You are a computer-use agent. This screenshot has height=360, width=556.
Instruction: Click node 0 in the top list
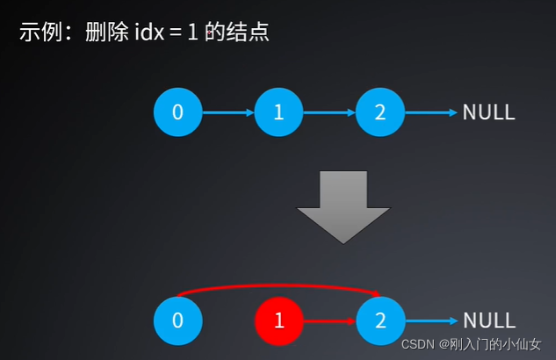[x=177, y=112]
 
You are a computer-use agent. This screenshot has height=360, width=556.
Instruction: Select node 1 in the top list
[x=279, y=112]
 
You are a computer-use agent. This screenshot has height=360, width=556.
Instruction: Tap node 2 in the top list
[x=380, y=112]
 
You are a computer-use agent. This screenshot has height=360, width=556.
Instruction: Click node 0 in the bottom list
[x=177, y=320]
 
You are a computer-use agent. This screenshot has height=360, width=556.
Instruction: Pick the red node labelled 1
[x=279, y=320]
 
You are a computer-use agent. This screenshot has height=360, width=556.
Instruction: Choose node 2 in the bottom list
[x=380, y=320]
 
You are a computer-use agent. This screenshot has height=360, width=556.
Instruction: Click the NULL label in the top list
[x=488, y=112]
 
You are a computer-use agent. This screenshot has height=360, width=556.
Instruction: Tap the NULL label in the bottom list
[x=488, y=320]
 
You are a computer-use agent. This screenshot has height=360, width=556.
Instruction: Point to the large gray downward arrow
[x=343, y=205]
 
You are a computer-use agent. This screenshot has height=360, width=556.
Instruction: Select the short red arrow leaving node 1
[x=329, y=320]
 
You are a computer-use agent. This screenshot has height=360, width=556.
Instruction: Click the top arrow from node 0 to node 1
[x=228, y=112]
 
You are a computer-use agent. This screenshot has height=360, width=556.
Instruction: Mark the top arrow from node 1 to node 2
[x=329, y=112]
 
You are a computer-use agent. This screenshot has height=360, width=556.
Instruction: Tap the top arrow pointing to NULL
[x=431, y=112]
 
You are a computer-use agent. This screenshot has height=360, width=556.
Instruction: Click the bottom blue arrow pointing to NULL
[x=431, y=320]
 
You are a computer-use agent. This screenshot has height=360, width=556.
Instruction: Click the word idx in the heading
[x=149, y=33]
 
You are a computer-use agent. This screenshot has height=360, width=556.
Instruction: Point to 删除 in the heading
[x=101, y=33]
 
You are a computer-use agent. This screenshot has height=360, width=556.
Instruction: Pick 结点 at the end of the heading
[x=249, y=33]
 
